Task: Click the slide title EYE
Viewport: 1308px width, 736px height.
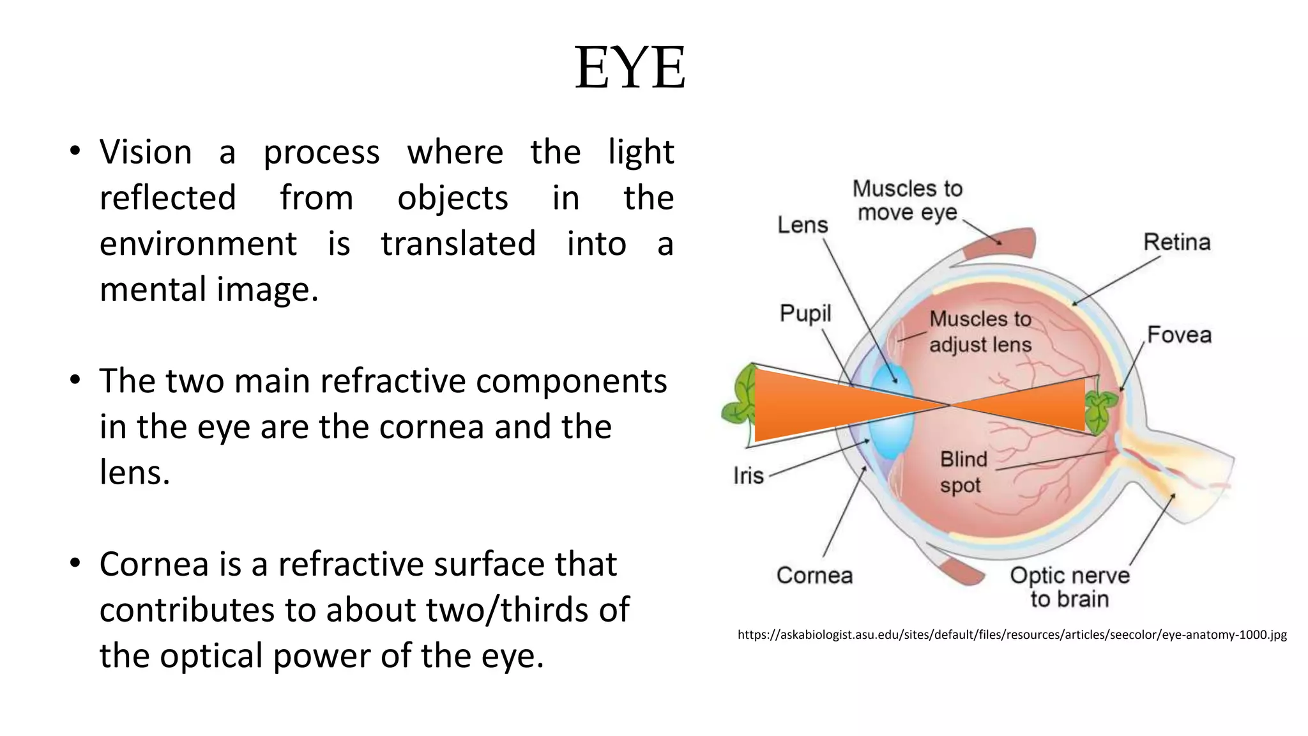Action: point(630,68)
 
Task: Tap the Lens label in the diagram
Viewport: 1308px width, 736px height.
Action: point(802,225)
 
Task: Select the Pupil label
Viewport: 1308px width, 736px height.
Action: point(805,313)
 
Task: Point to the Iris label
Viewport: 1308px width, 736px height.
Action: point(749,475)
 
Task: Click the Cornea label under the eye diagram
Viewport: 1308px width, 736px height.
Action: point(814,575)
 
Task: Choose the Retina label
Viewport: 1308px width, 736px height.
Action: point(1176,242)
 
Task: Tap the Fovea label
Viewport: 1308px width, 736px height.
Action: point(1179,335)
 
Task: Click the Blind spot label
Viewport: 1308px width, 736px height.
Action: point(963,472)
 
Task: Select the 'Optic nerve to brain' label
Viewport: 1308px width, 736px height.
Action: point(1070,586)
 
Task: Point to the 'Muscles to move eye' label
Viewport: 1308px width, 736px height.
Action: point(907,200)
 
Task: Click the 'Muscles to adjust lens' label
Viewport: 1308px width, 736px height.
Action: point(980,332)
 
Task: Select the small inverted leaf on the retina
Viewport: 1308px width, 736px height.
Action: point(1100,412)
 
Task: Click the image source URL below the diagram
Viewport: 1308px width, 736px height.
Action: point(1012,634)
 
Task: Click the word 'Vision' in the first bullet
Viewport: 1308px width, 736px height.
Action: point(146,152)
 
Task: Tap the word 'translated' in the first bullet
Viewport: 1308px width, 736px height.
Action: point(458,243)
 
